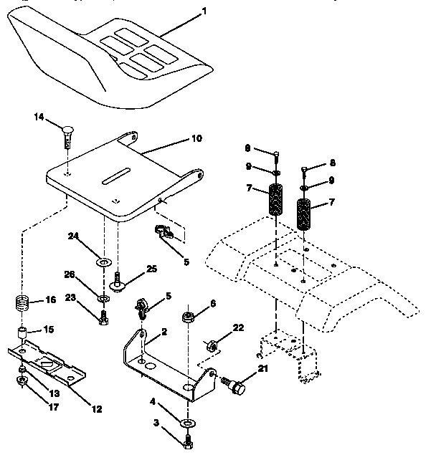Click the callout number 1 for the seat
(x=204, y=11)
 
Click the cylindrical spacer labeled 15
(x=23, y=333)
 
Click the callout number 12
(x=97, y=409)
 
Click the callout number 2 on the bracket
(x=164, y=332)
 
